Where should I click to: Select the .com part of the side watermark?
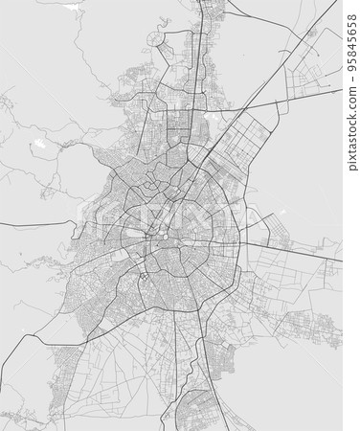pos(351,96)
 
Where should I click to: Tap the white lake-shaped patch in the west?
pos(39,144)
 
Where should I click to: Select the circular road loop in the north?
pos(154,40)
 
